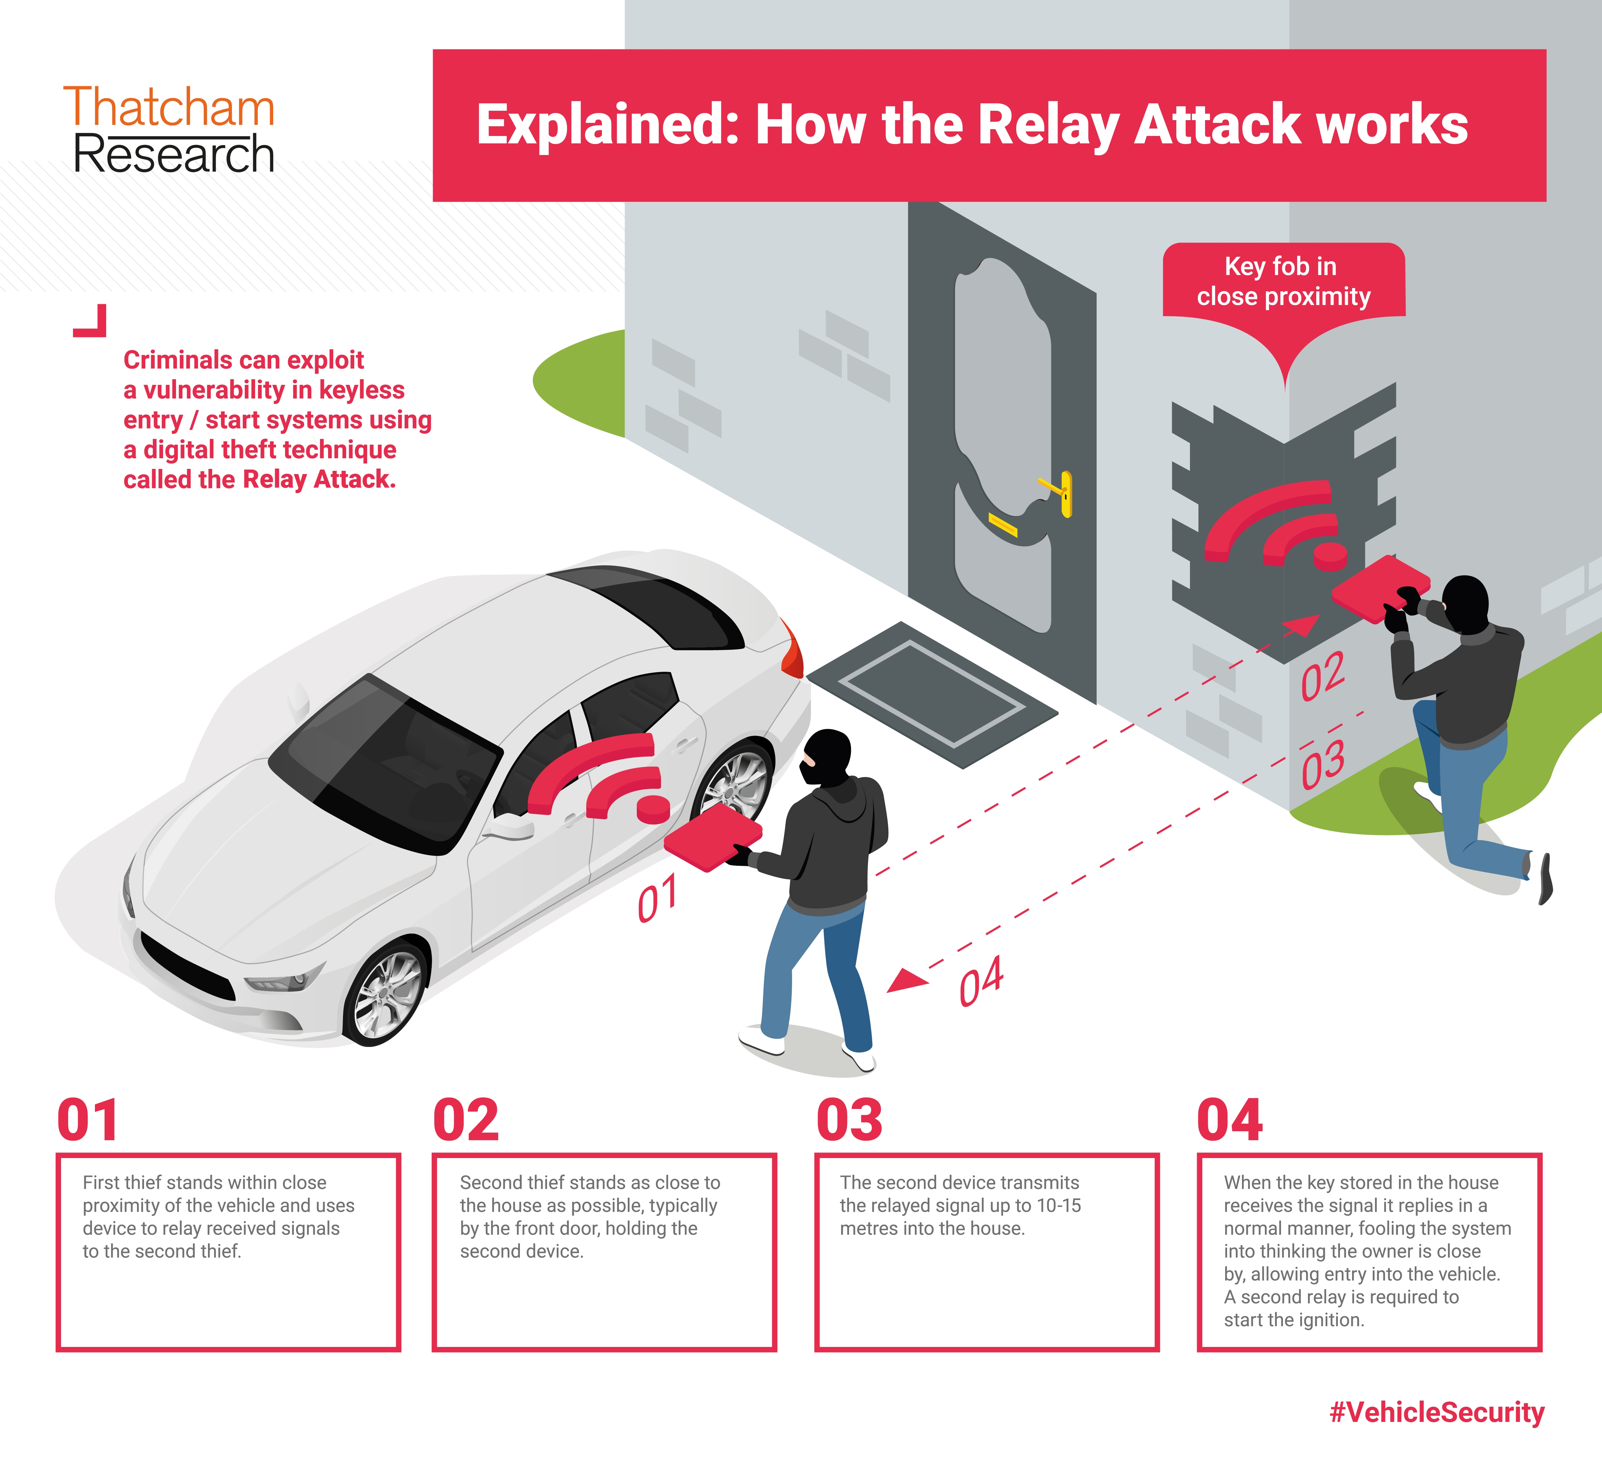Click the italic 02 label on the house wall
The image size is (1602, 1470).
pyautogui.click(x=1323, y=676)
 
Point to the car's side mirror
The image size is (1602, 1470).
pyautogui.click(x=509, y=827)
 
